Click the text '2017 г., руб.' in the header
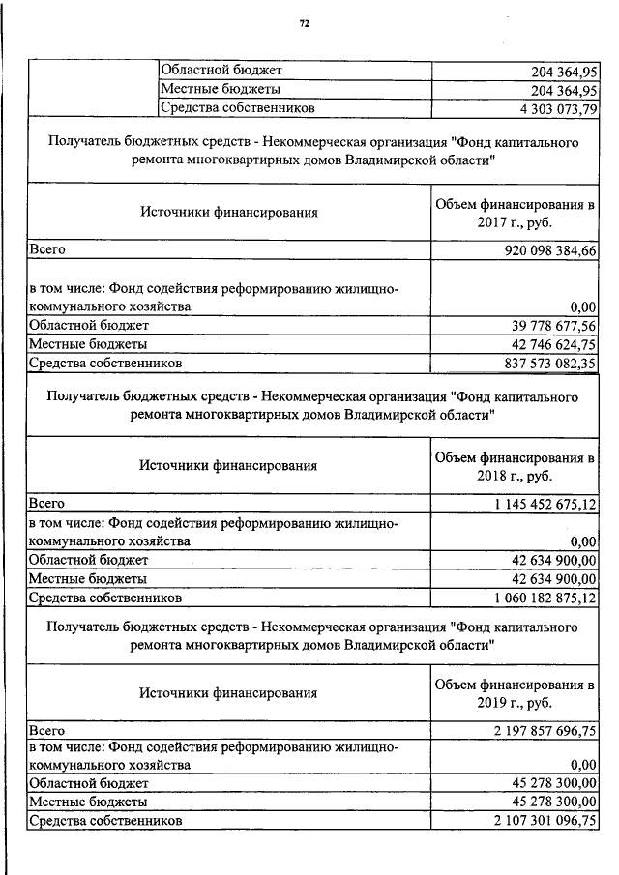click(514, 221)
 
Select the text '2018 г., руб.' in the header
click(514, 476)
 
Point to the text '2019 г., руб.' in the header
click(514, 703)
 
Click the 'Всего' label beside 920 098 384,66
click(46, 249)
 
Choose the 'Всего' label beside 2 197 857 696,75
click(46, 731)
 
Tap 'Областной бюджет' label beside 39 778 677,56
click(89, 325)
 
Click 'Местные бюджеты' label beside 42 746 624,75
click(88, 343)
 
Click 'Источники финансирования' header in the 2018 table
click(228, 465)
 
